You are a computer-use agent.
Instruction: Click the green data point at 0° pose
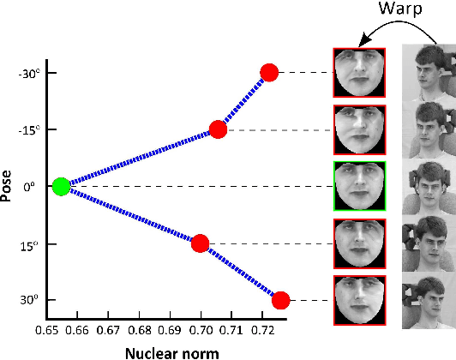coord(60,186)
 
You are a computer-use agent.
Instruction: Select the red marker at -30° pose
coord(269,73)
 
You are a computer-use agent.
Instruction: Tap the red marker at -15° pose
coord(218,129)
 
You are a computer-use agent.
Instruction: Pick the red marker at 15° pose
coord(200,243)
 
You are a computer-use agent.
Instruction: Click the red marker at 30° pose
coord(280,300)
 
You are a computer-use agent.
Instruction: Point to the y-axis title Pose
coord(9,185)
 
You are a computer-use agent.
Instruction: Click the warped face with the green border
coord(359,186)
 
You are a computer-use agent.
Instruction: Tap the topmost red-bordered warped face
coord(359,73)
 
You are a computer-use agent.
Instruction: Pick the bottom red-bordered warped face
coord(359,300)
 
